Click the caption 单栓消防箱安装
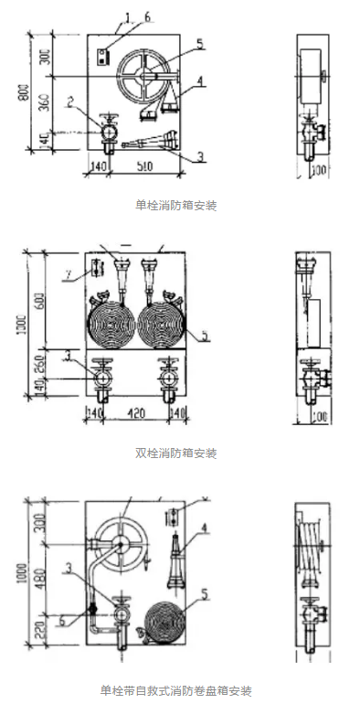181,207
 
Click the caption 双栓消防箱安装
181,453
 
